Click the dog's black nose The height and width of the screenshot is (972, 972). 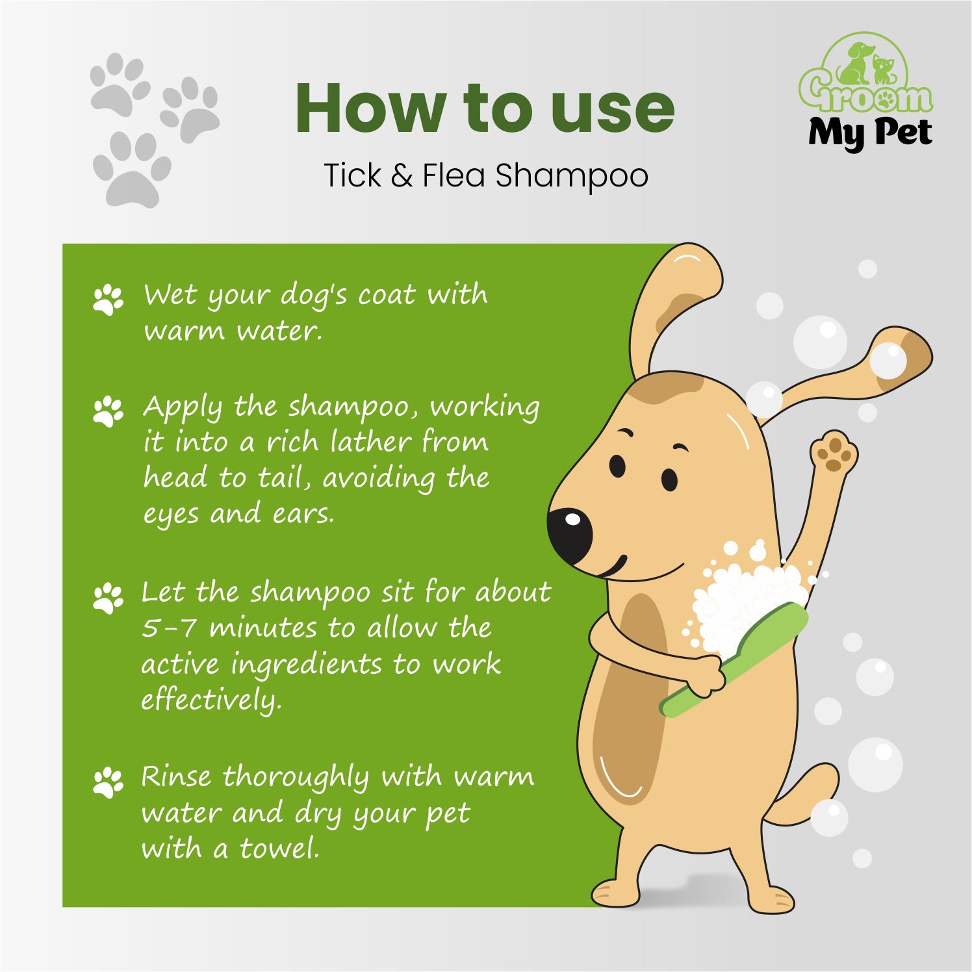point(569,535)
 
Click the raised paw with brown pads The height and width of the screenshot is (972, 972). point(834,452)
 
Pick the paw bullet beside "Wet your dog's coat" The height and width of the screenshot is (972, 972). point(108,300)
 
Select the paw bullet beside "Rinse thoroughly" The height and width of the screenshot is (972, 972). point(108,782)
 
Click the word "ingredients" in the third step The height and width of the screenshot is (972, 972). point(307,665)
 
